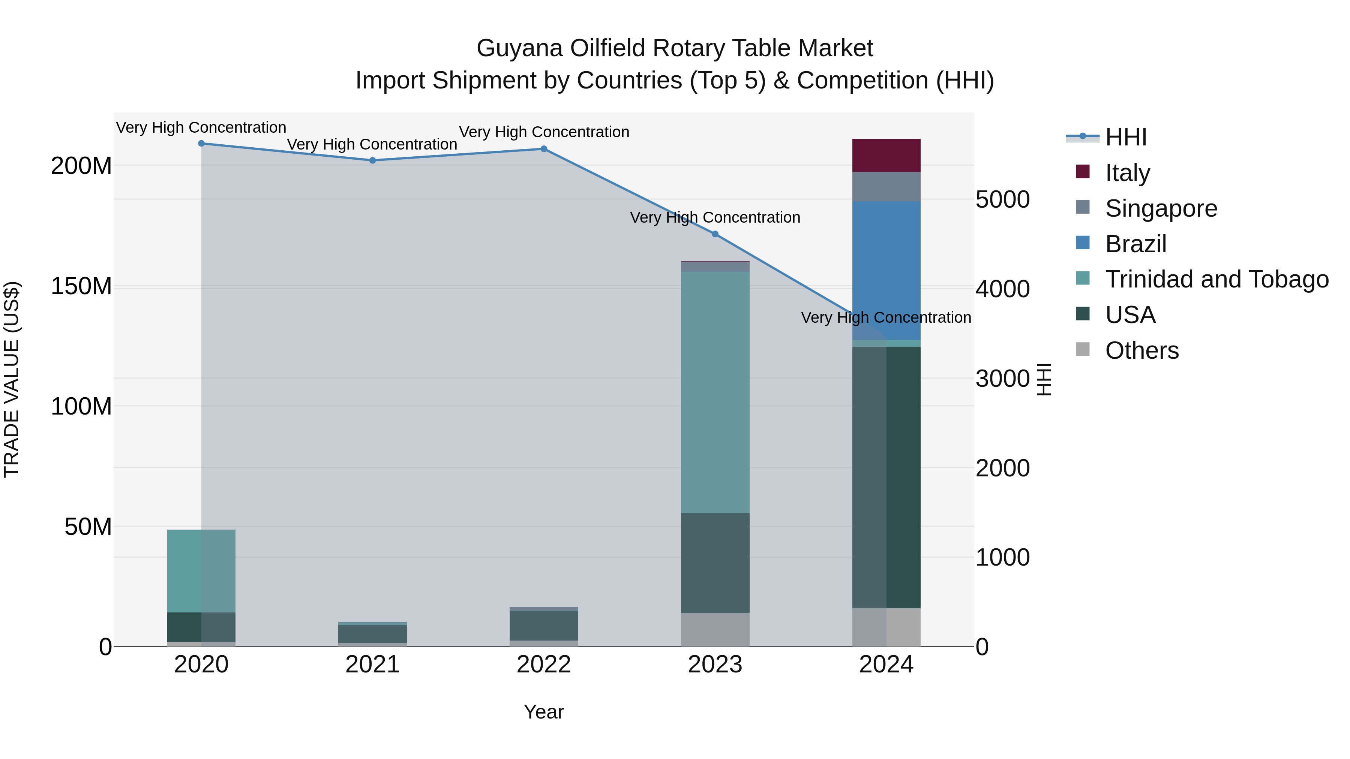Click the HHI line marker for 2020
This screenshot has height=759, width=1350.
tap(201, 144)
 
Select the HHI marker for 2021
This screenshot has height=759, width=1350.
tap(373, 160)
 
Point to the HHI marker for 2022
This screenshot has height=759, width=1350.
tap(544, 149)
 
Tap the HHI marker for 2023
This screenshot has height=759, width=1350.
tap(715, 234)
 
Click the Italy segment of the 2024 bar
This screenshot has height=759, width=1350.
tap(886, 156)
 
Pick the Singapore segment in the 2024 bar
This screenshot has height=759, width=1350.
tap(886, 187)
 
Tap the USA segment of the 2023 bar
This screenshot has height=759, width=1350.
tap(715, 563)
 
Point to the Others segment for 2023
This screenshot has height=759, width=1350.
tap(715, 630)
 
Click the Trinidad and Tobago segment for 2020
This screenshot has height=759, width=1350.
tap(201, 570)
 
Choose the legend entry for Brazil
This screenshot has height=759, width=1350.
tap(1135, 244)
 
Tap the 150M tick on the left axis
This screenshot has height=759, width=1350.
tap(81, 286)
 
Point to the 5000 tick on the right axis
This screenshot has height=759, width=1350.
tap(1002, 199)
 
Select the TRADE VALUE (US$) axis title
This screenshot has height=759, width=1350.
tap(12, 379)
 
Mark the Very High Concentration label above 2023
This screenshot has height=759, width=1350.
tap(715, 217)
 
